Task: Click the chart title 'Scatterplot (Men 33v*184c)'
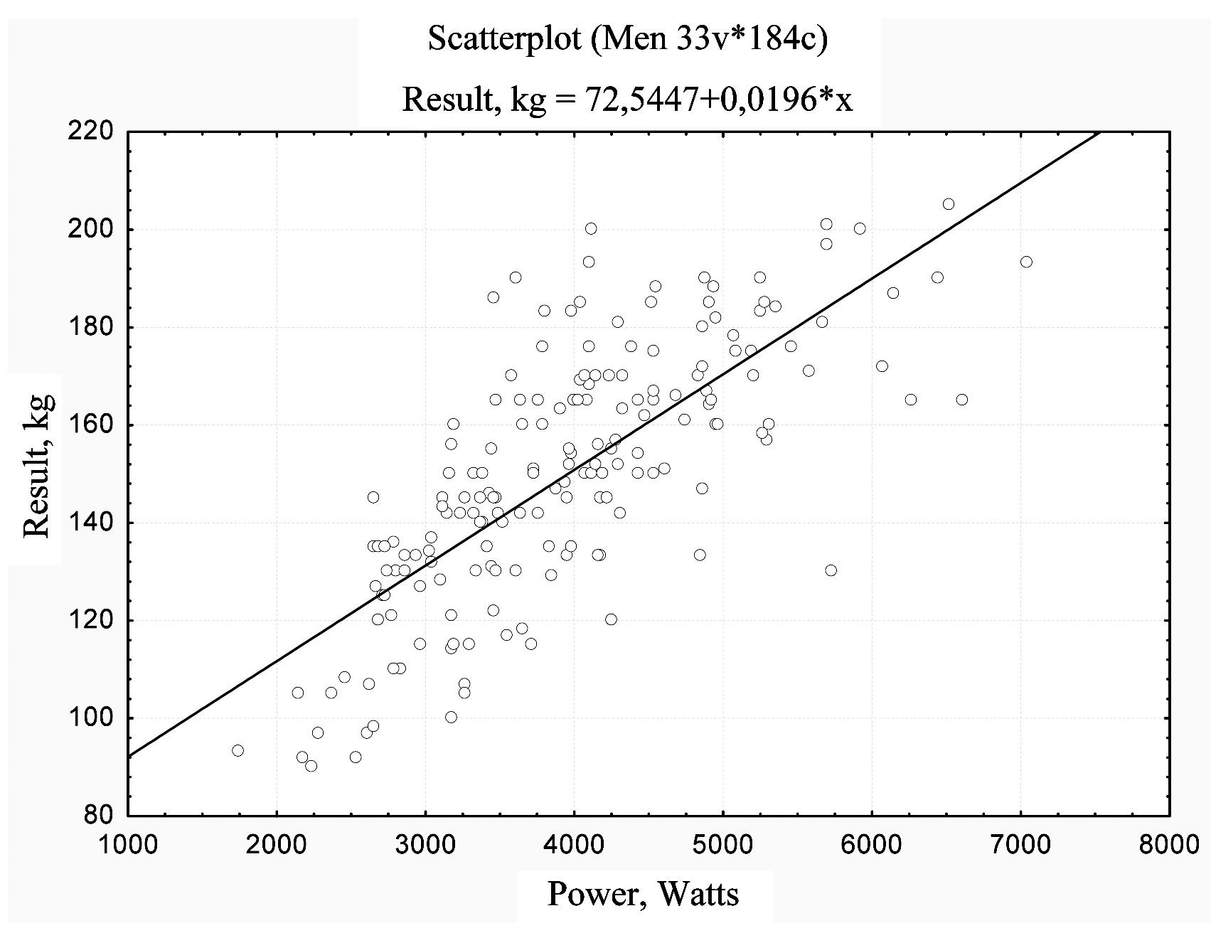(628, 40)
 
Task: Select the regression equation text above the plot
(627, 100)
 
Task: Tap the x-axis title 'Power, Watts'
(643, 894)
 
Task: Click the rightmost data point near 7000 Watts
(1026, 262)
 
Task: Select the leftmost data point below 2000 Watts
(238, 750)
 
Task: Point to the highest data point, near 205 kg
(949, 204)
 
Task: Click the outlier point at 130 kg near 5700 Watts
(831, 570)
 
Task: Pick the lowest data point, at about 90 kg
(311, 766)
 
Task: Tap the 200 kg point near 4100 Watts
(591, 228)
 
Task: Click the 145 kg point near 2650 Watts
(373, 497)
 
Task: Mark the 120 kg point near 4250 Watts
(611, 619)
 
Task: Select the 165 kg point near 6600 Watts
(961, 400)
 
